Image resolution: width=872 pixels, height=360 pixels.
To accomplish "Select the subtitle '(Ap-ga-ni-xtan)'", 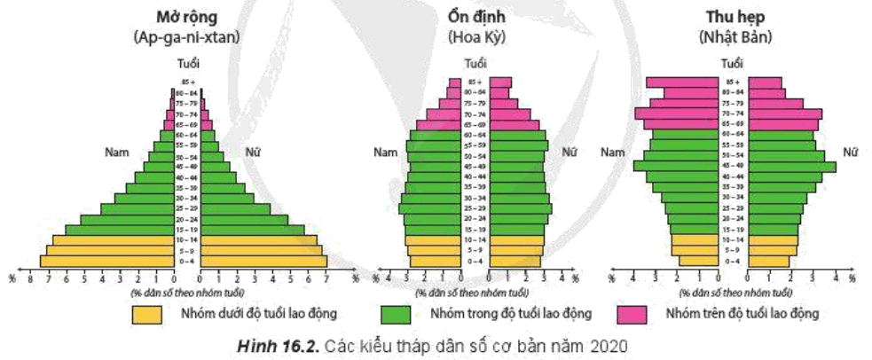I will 187,37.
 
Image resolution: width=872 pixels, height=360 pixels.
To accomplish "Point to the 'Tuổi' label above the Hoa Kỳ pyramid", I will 477,63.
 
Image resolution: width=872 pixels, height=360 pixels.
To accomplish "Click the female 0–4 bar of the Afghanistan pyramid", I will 263,261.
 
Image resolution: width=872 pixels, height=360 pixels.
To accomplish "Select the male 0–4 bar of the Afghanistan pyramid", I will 106,261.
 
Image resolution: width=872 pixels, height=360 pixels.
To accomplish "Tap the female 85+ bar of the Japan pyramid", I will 769,82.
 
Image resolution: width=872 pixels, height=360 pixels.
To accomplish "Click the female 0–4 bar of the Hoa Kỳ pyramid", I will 515,261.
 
